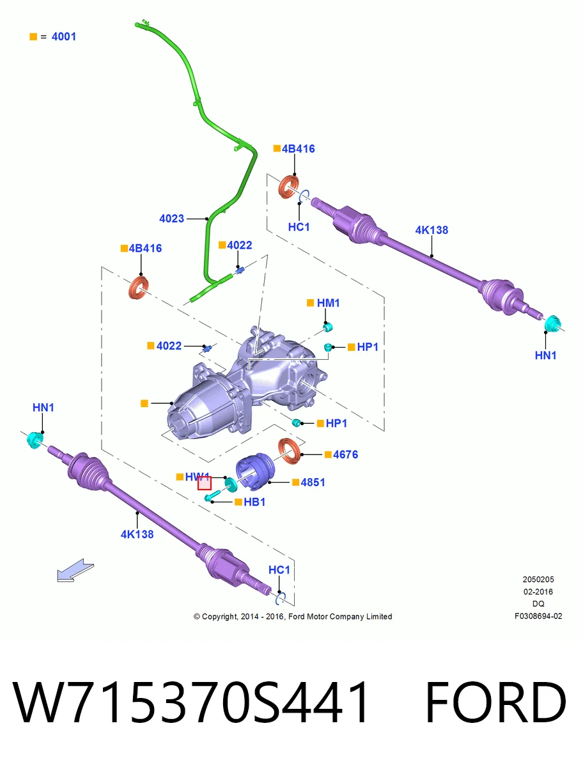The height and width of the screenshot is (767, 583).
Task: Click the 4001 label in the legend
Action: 63,36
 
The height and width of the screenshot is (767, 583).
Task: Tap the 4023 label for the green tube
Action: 171,219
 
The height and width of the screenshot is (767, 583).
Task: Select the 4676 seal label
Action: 345,454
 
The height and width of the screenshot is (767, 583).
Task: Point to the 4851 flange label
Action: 313,482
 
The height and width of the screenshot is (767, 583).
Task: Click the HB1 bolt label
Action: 254,502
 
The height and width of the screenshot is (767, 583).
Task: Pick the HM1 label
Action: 329,303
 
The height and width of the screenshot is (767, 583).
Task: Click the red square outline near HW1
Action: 205,483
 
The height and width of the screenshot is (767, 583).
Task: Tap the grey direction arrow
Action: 75,570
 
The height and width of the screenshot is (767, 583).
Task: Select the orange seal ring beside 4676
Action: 290,451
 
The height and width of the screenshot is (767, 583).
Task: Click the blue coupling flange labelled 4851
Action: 254,471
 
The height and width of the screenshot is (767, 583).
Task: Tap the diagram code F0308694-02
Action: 538,616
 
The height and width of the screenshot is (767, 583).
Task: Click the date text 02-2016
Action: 538,592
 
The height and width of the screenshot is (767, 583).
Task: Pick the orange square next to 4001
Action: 33,36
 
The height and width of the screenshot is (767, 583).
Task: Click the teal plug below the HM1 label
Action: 328,327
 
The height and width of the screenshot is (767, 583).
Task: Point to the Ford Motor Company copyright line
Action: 293,616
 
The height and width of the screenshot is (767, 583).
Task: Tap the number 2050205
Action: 538,579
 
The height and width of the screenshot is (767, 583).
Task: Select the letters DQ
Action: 538,603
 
